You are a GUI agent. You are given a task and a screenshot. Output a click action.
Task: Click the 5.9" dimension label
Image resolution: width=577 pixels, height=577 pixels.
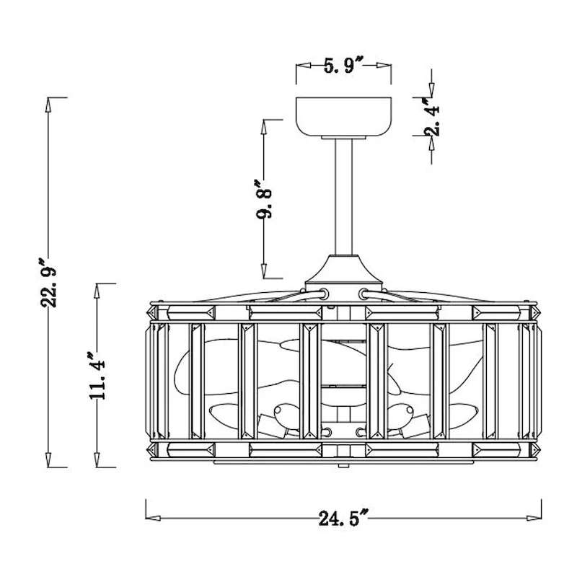click(x=344, y=66)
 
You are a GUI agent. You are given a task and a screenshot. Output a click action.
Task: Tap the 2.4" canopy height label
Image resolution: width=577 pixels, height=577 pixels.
click(x=432, y=116)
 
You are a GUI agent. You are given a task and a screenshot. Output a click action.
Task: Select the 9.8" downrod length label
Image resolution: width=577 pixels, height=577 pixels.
click(x=264, y=199)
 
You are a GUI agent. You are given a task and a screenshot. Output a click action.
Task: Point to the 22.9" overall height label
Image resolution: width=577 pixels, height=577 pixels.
click(x=48, y=283)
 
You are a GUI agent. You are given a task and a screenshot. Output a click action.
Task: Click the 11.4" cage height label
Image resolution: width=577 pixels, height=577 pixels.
click(x=97, y=376)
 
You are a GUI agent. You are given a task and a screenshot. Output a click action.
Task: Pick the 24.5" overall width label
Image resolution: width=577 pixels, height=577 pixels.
click(x=344, y=518)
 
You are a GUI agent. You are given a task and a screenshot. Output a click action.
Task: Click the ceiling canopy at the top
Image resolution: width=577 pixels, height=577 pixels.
click(x=344, y=117)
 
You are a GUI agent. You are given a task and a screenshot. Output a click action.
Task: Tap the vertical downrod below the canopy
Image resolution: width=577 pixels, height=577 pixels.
click(x=344, y=197)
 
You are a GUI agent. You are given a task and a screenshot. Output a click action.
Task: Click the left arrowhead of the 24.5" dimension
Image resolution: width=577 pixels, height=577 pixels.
click(x=153, y=518)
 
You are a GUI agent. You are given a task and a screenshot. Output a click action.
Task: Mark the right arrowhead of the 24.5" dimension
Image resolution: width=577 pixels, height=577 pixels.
click(x=534, y=518)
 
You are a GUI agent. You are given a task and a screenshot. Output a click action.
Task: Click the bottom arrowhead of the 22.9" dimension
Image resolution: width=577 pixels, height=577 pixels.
click(x=48, y=460)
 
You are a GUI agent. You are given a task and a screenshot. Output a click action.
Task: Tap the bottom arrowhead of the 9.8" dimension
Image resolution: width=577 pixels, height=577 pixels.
click(x=264, y=271)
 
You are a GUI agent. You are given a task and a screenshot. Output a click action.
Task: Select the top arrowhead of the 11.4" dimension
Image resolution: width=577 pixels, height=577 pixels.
click(x=97, y=291)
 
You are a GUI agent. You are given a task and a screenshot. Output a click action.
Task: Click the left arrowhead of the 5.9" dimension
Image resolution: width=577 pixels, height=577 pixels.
click(x=304, y=66)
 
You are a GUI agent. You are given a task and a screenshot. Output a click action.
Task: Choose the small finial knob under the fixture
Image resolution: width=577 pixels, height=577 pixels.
click(x=343, y=466)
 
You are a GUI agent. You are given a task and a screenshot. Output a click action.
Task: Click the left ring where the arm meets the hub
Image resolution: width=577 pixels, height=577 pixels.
click(x=324, y=294)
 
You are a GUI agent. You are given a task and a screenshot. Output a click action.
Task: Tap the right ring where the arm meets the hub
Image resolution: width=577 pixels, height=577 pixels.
click(x=364, y=294)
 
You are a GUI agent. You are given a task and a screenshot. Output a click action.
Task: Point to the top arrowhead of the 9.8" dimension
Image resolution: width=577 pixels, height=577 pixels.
click(x=264, y=127)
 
